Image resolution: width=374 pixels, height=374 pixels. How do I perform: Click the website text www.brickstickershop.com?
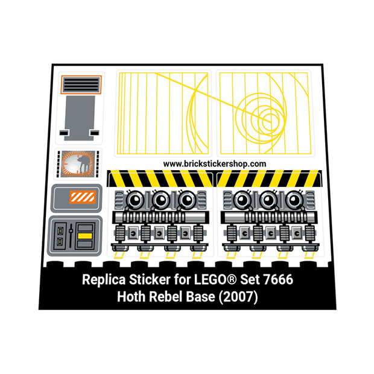(x=214, y=164)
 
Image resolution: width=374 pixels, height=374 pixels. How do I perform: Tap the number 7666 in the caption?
(x=278, y=279)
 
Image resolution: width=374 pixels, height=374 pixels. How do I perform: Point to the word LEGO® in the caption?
(x=215, y=279)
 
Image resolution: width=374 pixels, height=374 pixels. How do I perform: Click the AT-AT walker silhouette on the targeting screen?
(x=83, y=164)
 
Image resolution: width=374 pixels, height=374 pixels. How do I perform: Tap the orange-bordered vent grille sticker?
(x=81, y=84)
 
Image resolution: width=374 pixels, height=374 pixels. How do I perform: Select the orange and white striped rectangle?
(x=83, y=197)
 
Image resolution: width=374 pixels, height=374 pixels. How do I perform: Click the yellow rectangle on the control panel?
(x=85, y=236)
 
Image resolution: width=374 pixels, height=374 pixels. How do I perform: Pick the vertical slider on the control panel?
(x=71, y=236)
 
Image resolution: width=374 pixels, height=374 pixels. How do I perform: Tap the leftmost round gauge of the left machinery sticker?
(x=135, y=200)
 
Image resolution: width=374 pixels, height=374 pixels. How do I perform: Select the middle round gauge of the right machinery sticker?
(x=269, y=200)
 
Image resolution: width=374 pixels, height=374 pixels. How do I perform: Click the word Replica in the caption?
(x=104, y=280)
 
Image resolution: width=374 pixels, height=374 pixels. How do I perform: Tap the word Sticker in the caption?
(x=150, y=279)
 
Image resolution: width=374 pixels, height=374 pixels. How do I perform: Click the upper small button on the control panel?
(x=60, y=230)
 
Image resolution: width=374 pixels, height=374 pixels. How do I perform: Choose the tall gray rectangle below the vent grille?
(x=80, y=118)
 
